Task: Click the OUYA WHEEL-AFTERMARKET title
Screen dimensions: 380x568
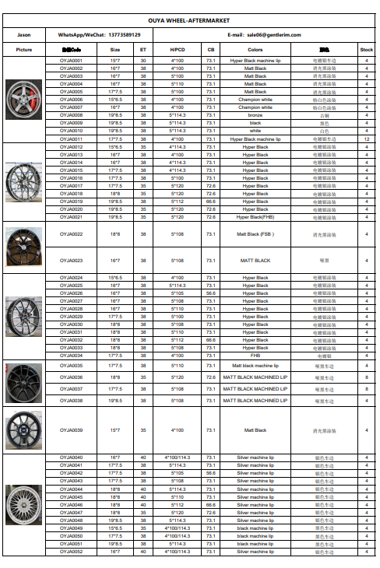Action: pyautogui.click(x=190, y=23)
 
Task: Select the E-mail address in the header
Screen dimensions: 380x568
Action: pyautogui.click(x=277, y=35)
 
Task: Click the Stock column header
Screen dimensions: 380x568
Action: pyautogui.click(x=366, y=49)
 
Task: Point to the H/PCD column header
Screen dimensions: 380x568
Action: pyautogui.click(x=178, y=49)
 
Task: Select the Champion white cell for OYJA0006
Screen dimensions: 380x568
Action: pyautogui.click(x=255, y=100)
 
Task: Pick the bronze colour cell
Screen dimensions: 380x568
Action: pyautogui.click(x=255, y=115)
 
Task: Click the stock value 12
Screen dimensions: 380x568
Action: pyautogui.click(x=366, y=138)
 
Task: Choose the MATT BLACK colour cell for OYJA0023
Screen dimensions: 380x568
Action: pyautogui.click(x=255, y=260)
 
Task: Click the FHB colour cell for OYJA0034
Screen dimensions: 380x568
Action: pyautogui.click(x=255, y=356)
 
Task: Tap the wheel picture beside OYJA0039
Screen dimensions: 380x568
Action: pyautogui.click(x=23, y=430)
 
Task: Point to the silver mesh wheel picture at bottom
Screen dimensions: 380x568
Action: pyautogui.click(x=23, y=503)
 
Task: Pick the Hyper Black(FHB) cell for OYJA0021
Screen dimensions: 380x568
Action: pyautogui.click(x=255, y=217)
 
